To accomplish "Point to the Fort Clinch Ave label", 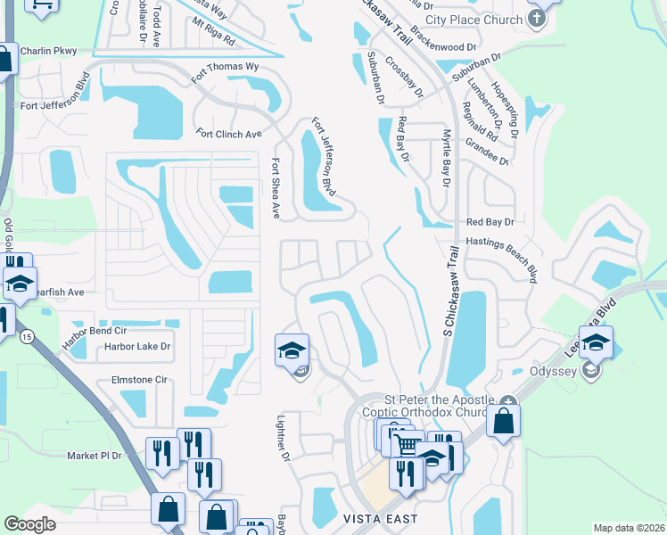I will click(229, 134).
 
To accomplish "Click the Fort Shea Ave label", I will click(276, 188).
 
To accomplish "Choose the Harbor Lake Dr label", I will click(136, 346).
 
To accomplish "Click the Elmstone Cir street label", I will click(138, 380).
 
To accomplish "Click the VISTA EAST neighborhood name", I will click(379, 518).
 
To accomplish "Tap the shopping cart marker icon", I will click(408, 444).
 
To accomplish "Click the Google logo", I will click(30, 524).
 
